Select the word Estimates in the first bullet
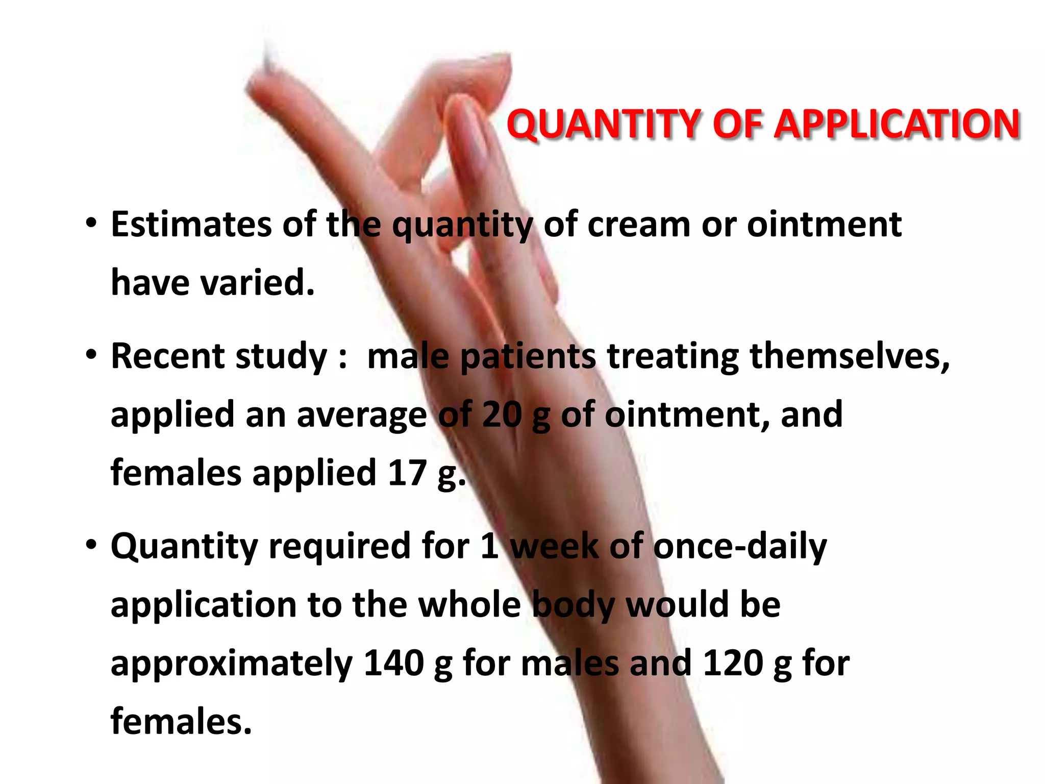pos(191,225)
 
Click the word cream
pos(639,225)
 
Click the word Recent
pos(168,356)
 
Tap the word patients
pos(528,356)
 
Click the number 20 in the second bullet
pos(502,414)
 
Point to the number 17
pos(407,473)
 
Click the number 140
pos(393,663)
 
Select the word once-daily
pos(740,547)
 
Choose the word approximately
pos(232,663)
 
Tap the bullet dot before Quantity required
pos(91,545)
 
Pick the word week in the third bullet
pos(554,547)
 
